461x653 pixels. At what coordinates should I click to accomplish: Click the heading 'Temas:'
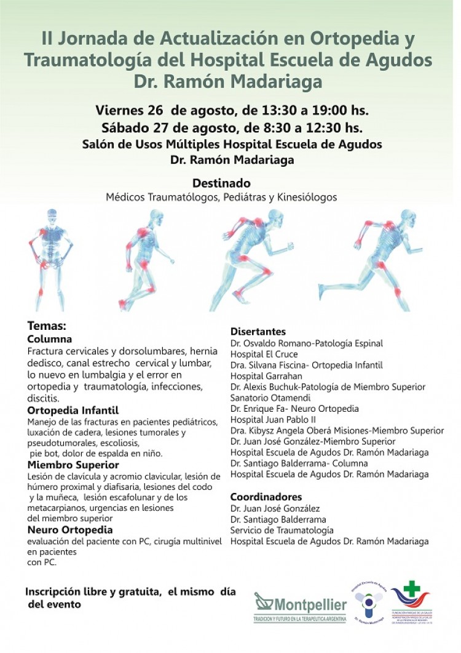[x=46, y=327]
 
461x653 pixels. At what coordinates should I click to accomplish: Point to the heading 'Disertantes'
[x=258, y=332]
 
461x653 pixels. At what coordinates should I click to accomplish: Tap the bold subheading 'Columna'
[x=50, y=339]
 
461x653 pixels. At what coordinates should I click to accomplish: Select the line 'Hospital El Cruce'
[x=264, y=355]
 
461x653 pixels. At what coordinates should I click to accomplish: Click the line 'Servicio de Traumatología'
[x=282, y=531]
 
